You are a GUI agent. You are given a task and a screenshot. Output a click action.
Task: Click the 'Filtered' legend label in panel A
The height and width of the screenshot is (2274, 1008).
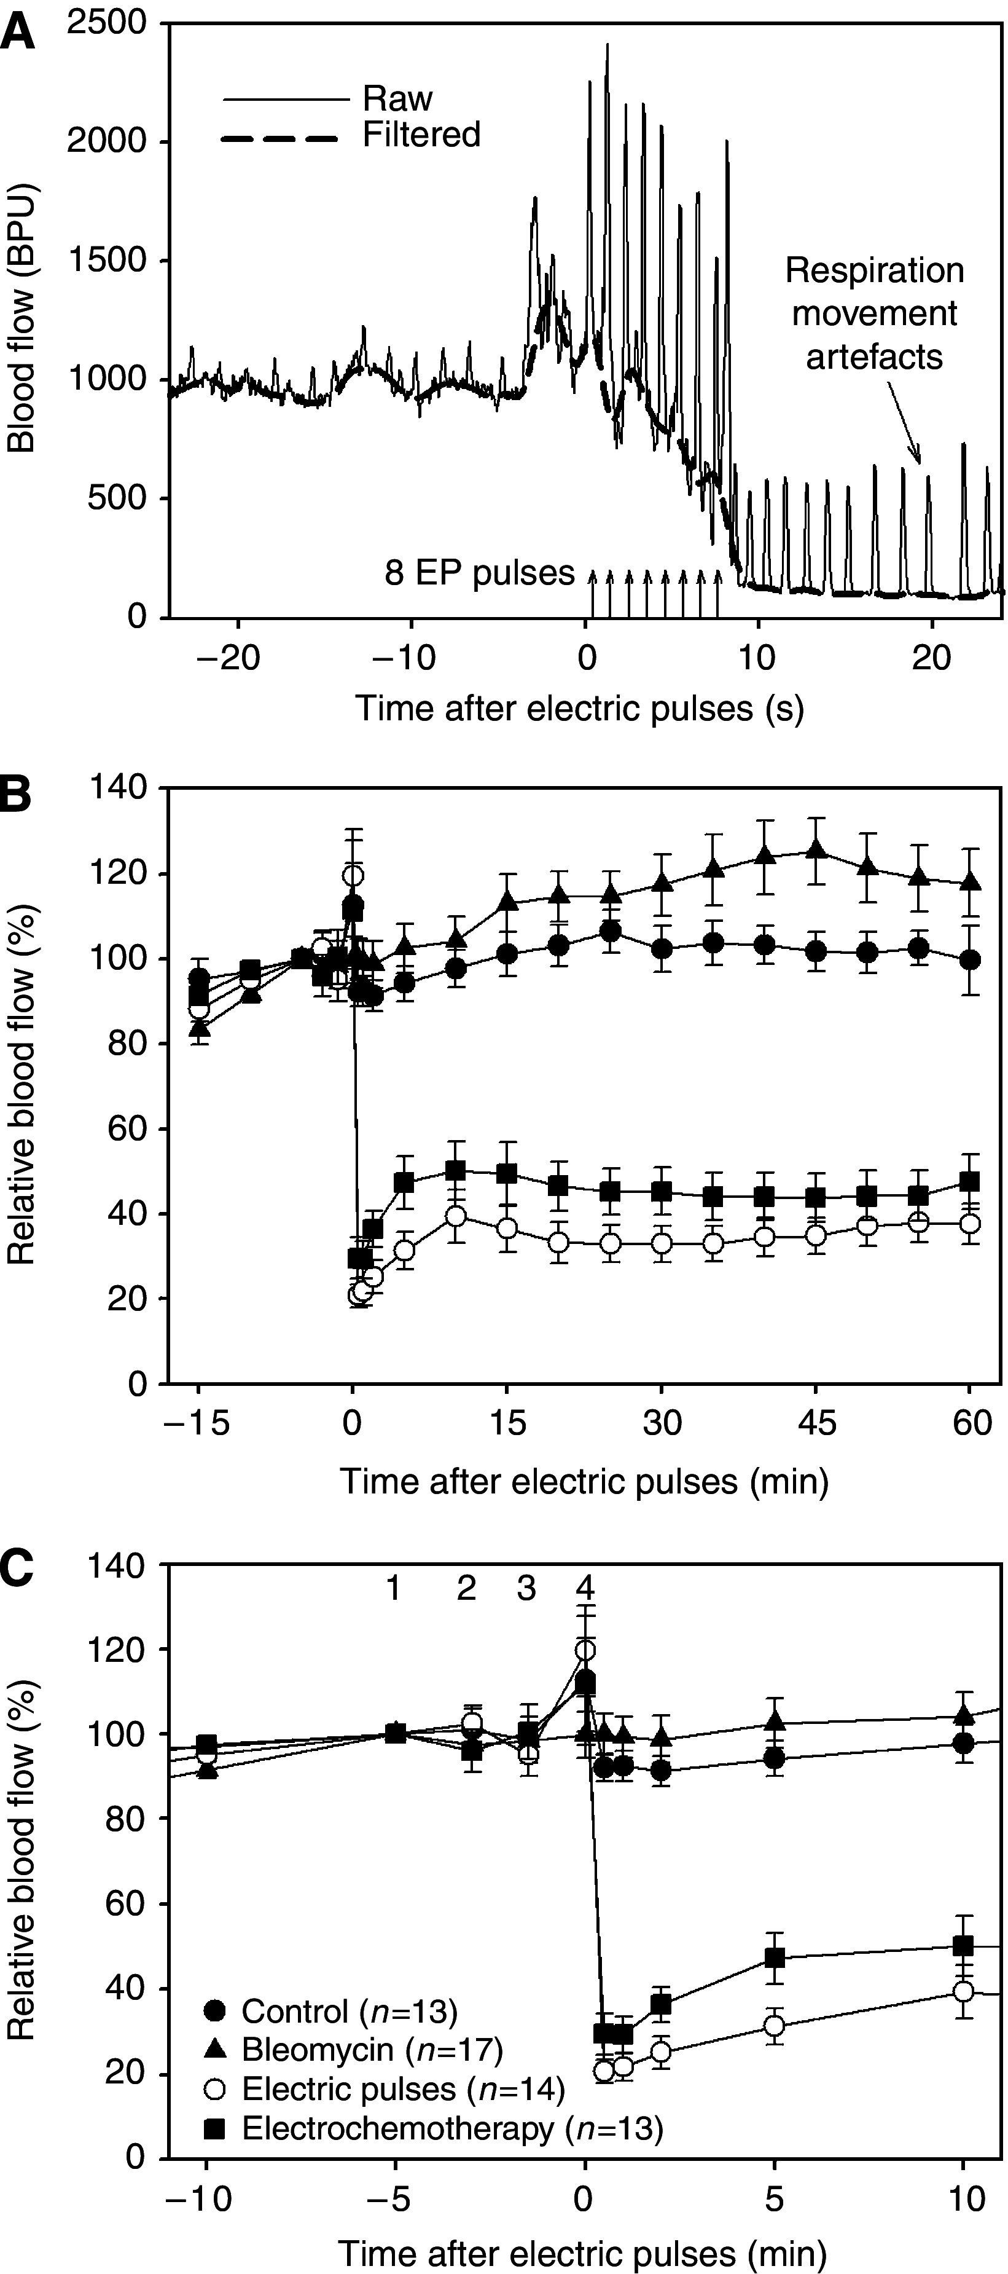click(x=421, y=135)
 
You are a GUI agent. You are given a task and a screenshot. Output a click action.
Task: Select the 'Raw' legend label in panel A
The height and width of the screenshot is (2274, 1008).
click(x=397, y=99)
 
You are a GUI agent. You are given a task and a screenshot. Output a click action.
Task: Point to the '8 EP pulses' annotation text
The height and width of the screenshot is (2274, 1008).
click(x=479, y=574)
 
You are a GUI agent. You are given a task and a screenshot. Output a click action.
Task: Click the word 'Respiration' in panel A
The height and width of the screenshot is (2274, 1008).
click(x=874, y=270)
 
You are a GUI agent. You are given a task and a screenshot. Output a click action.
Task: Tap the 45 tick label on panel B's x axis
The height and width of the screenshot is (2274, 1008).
click(x=816, y=1423)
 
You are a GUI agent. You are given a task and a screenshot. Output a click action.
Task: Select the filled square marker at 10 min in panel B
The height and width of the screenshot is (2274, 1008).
click(x=455, y=1171)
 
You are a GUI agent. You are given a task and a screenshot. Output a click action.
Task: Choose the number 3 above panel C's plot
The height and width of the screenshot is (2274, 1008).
click(x=525, y=1589)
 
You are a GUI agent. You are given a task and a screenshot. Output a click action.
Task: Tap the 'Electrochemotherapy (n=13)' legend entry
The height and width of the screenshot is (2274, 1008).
click(x=451, y=2128)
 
